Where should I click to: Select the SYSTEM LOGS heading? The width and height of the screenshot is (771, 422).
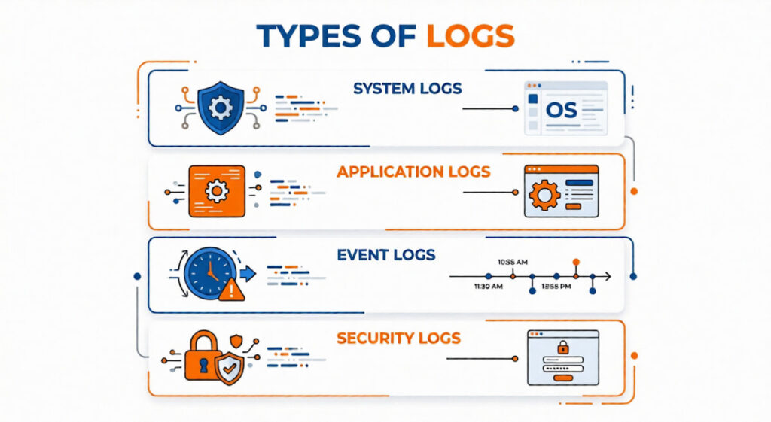pos(407,89)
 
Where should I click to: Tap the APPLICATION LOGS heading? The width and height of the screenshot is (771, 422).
pos(413,172)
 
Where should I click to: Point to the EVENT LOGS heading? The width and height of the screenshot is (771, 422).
pos(386,254)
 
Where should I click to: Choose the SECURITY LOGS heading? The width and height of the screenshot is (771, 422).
pos(398,338)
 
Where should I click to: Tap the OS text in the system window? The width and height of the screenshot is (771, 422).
pos(562,111)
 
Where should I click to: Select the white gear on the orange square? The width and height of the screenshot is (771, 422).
pos(217,191)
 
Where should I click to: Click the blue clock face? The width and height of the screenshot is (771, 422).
pos(209,272)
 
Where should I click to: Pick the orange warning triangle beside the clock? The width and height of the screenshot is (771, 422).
pos(230,290)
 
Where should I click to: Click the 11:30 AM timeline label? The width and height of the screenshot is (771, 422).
pos(488,287)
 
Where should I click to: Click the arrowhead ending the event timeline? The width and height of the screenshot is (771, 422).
pos(608,277)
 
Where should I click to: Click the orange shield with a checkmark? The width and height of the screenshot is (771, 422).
pos(230,369)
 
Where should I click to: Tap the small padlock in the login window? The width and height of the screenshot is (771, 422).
pos(562,347)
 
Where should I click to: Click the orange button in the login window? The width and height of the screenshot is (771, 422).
pos(563,378)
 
